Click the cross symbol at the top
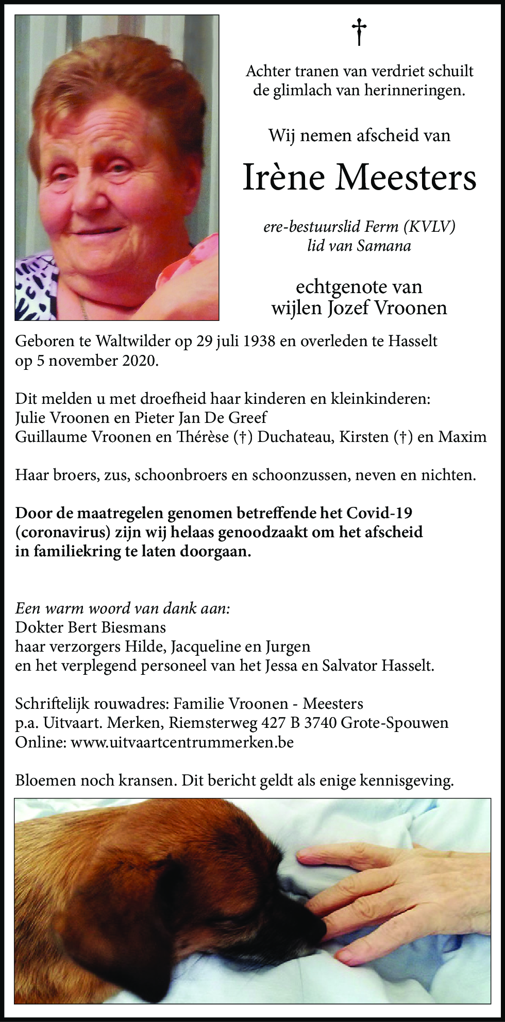(x=359, y=32)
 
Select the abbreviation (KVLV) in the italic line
(x=430, y=227)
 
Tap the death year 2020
(x=139, y=361)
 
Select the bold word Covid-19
(x=379, y=513)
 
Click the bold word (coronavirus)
(x=63, y=532)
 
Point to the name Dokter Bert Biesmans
(x=91, y=627)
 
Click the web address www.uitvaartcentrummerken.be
(x=182, y=742)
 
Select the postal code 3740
(x=321, y=723)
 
